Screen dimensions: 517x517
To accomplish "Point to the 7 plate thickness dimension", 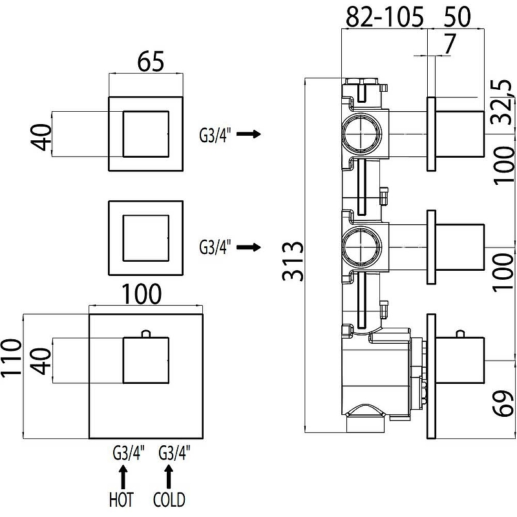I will pyautogui.click(x=449, y=44).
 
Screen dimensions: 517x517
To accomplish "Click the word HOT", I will pyautogui.click(x=121, y=500).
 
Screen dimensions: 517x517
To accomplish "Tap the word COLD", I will pyautogui.click(x=169, y=500).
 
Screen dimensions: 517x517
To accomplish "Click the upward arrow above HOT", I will pyautogui.click(x=122, y=476).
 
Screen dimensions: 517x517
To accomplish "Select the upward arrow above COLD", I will pyautogui.click(x=169, y=476).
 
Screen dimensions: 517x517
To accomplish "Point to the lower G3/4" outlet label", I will pyautogui.click(x=216, y=248).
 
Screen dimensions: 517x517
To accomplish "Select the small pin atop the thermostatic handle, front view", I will pyautogui.click(x=146, y=333).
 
